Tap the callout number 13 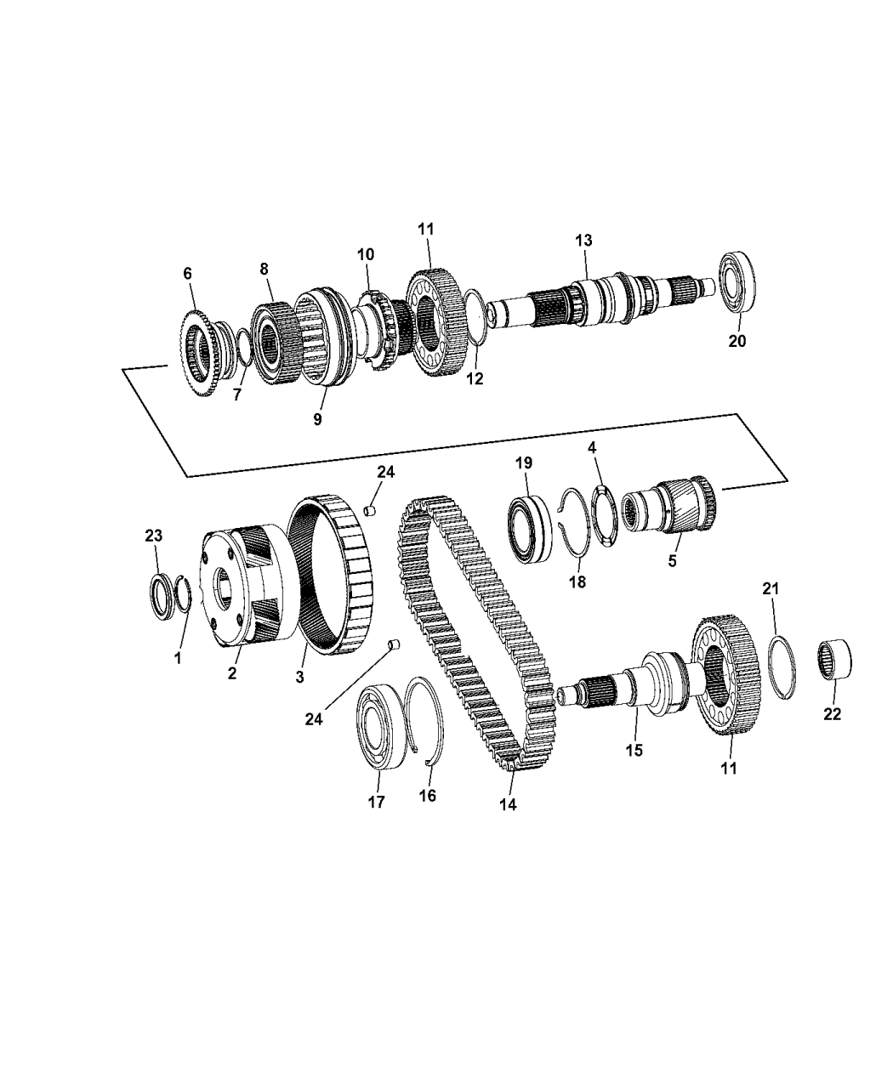click(583, 241)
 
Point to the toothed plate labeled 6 click(201, 352)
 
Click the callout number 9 click(317, 420)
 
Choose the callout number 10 click(365, 254)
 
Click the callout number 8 click(264, 269)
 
